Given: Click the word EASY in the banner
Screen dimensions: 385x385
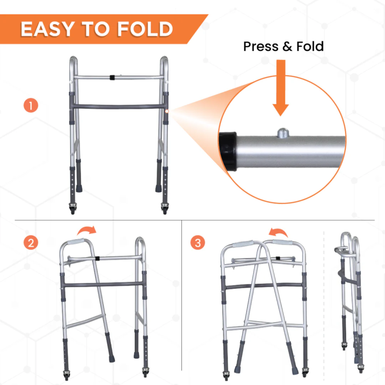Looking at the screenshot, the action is point(47,29).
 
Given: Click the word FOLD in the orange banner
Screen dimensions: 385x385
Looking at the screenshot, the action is point(145,29).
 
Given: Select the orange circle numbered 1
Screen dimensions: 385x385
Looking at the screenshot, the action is point(31,105).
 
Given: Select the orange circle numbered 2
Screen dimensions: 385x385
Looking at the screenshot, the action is point(31,243).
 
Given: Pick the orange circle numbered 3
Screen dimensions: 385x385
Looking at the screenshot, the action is point(197,243).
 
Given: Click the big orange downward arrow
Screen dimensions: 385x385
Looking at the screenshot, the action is point(281,88).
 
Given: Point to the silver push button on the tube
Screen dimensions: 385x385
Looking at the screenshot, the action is point(283,133).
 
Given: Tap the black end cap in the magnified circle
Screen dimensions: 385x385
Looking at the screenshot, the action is point(228,151).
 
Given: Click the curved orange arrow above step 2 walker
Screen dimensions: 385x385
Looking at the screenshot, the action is point(87,231).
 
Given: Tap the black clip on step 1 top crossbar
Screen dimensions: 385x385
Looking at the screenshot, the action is point(112,77).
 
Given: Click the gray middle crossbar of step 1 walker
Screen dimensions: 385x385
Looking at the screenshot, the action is point(119,107).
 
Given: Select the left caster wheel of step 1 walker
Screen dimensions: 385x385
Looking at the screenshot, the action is point(73,209).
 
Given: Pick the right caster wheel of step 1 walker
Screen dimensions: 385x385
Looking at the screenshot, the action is point(165,209).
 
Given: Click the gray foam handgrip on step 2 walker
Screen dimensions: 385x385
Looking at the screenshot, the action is point(76,242).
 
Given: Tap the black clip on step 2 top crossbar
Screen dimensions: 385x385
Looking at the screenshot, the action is point(98,258).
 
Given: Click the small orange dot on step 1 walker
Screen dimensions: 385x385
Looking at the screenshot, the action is point(167,111).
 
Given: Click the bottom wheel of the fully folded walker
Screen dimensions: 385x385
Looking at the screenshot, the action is point(360,368).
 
